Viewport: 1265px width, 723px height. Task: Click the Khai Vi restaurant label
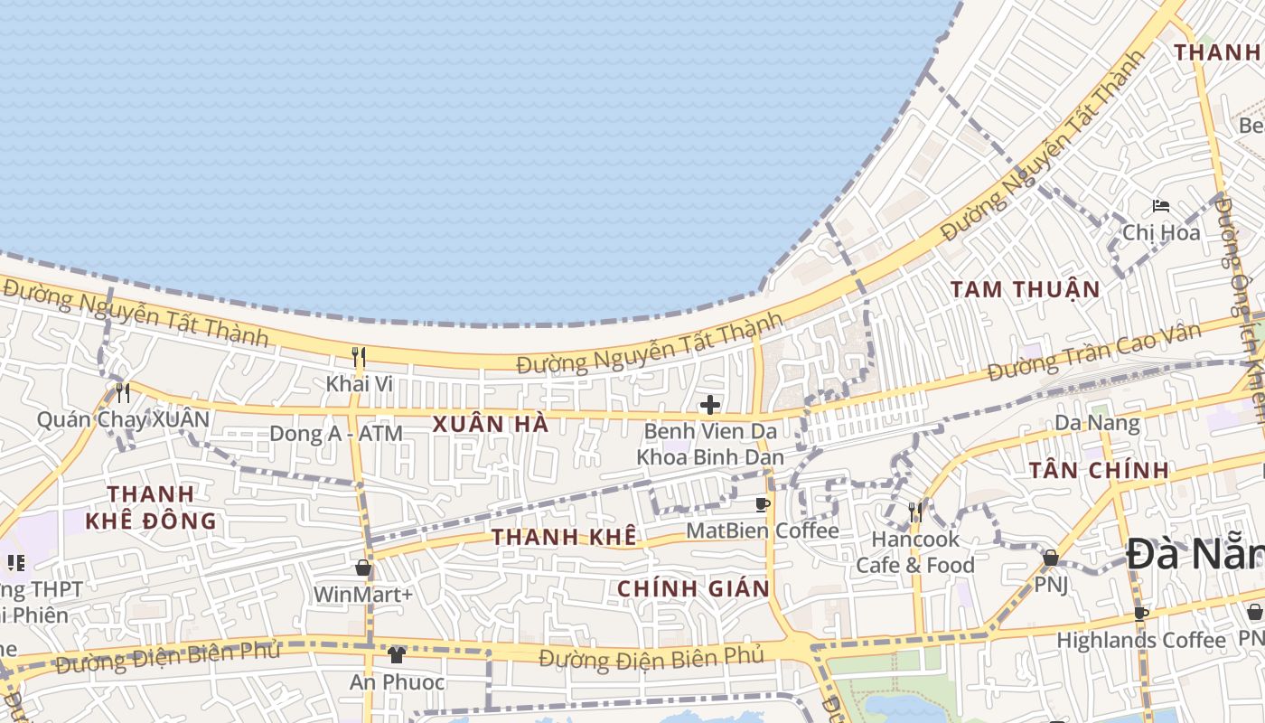tap(359, 383)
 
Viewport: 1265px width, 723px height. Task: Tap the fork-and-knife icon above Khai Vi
tap(359, 356)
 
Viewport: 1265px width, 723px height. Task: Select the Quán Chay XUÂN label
tap(123, 419)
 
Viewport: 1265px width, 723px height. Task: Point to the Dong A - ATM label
tap(336, 434)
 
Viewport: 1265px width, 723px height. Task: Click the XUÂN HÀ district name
tap(491, 424)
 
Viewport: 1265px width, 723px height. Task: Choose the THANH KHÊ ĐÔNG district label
tap(151, 507)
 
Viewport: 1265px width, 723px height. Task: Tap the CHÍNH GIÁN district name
tap(693, 589)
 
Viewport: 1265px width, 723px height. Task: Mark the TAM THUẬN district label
tap(1026, 290)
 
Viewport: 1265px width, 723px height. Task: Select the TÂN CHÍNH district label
tap(1100, 470)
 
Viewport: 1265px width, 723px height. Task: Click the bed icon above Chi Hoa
tap(1161, 207)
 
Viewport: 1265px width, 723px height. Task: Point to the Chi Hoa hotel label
tap(1161, 233)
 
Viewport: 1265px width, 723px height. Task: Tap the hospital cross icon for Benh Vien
tap(710, 404)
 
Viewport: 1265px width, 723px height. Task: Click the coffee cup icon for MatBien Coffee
tap(763, 503)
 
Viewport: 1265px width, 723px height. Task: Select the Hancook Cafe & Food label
tap(914, 552)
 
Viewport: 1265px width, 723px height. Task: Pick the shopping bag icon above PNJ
tap(1051, 558)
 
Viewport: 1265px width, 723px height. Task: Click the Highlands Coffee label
tap(1141, 640)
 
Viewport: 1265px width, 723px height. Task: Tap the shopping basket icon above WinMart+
tap(363, 568)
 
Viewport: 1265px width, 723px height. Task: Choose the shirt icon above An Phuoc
tap(397, 654)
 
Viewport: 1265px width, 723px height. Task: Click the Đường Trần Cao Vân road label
tap(1094, 352)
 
